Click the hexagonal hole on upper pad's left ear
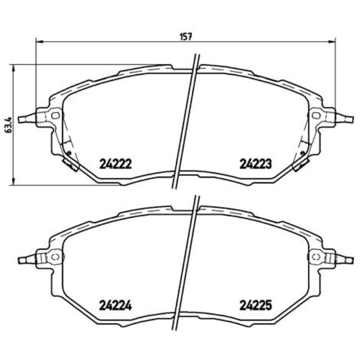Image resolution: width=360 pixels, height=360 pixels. [x=55, y=115]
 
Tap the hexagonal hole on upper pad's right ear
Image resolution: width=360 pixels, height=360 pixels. [x=316, y=115]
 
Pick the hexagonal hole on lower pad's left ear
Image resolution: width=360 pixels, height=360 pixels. [x=55, y=257]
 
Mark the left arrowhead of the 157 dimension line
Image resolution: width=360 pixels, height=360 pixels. [x=38, y=42]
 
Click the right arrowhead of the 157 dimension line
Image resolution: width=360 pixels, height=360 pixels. [x=334, y=42]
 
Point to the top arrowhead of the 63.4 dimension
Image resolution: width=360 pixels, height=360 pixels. [x=12, y=67]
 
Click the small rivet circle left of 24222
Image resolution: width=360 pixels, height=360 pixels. [x=68, y=153]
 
